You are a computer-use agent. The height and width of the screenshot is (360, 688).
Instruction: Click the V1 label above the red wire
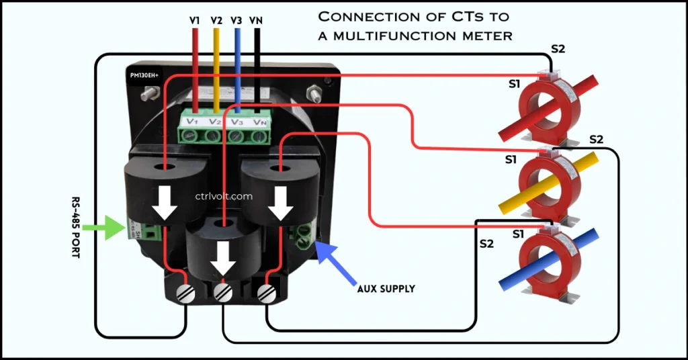pos(195,21)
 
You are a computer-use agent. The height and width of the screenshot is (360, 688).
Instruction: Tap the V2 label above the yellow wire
pos(216,21)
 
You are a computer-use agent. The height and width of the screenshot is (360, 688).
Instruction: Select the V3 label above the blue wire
pos(236,21)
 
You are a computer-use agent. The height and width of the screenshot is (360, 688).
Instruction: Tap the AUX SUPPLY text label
pos(386,289)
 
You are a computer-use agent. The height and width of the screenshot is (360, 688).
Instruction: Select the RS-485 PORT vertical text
pos(76,228)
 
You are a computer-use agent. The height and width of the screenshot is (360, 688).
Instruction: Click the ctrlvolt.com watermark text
pos(224,197)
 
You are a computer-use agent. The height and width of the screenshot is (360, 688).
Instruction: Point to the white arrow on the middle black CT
pos(224,258)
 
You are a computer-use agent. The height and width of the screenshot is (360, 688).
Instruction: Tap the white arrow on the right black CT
pos(280,203)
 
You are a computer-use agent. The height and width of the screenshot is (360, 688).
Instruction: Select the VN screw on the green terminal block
pos(258,136)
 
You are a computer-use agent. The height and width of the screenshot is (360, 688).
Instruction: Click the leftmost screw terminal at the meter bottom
pos(185,293)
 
